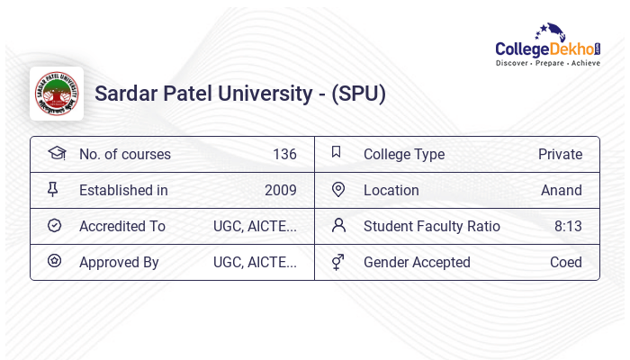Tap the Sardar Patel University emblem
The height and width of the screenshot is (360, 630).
point(57,94)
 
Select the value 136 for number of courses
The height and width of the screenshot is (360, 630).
point(284,154)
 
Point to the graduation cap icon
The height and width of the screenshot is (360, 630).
point(56,153)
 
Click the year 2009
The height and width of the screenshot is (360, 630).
point(281,190)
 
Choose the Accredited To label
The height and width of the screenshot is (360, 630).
point(122,226)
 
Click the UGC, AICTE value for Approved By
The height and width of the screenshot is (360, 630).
point(255,262)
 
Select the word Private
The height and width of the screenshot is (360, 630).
point(560,154)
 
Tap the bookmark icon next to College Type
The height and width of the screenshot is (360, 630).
point(337,153)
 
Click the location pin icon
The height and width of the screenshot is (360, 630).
point(338,190)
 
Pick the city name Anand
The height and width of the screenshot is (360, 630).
point(562,190)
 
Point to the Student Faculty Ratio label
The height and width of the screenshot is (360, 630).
point(431,226)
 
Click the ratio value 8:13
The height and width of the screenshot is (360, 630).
point(568,226)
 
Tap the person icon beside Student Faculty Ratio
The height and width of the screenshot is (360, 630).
point(338,225)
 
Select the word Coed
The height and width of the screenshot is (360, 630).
point(566,262)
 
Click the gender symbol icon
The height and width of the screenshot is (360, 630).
point(337,262)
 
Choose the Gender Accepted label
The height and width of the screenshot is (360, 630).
point(417,262)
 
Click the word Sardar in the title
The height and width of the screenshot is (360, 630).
point(125,94)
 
